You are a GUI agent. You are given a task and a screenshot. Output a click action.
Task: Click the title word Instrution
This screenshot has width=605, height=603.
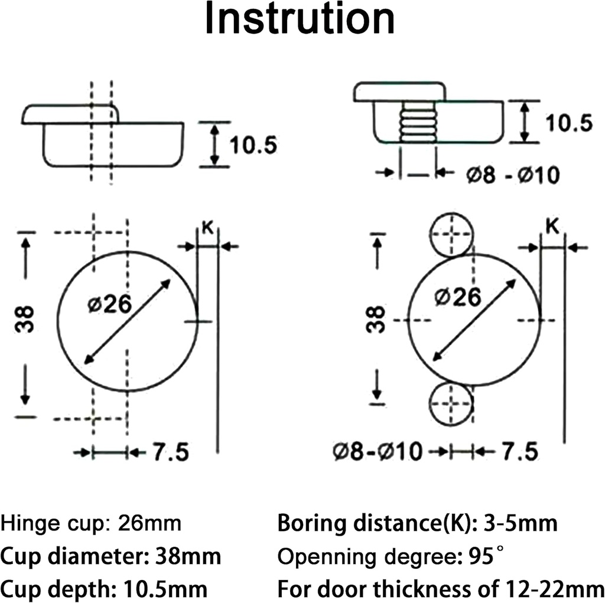point(300,19)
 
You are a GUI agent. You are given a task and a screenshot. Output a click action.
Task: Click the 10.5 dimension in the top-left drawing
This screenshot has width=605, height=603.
point(253,145)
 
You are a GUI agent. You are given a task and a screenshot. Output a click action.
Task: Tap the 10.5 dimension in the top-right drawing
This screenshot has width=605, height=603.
point(568,122)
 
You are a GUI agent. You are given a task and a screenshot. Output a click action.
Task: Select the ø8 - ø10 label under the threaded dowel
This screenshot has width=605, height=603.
point(512,175)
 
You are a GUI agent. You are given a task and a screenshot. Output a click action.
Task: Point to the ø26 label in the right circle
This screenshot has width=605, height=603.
point(456,297)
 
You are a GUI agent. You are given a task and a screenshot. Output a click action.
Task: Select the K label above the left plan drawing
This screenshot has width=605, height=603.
point(207,228)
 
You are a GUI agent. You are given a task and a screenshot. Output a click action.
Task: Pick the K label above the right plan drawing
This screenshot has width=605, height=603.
point(552,227)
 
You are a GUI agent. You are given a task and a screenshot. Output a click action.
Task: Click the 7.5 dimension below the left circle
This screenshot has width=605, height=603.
point(171,453)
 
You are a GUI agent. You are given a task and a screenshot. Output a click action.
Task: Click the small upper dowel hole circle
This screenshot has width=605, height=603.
point(451,234)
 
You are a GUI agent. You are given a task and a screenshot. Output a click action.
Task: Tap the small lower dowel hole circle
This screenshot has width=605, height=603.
point(451,404)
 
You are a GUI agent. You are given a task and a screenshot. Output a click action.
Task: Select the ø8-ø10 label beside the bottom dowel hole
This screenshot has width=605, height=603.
point(378,453)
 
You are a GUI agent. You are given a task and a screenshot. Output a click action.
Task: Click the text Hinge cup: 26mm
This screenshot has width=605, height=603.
point(91,523)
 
